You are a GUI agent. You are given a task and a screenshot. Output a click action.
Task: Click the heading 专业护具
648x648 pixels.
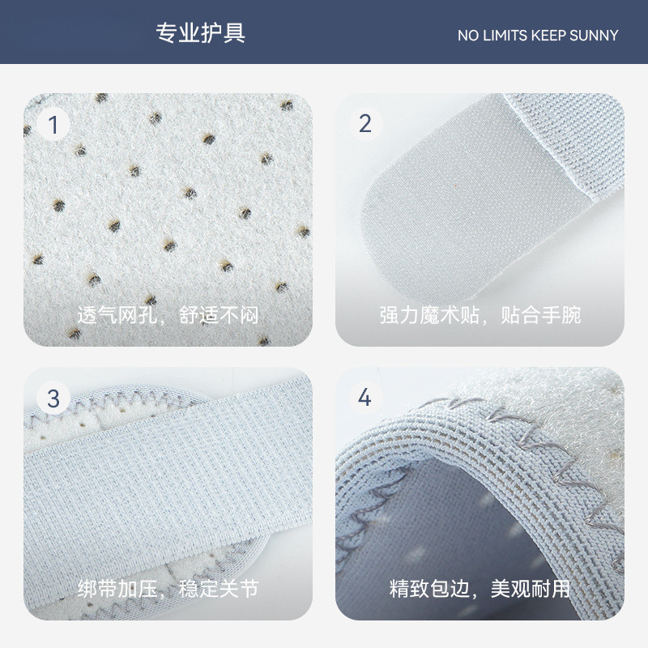coord(200,33)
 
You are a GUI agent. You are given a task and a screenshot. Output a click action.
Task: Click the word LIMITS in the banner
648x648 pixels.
coord(505,36)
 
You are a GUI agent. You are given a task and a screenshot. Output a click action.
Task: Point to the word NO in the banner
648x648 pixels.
coord(468,36)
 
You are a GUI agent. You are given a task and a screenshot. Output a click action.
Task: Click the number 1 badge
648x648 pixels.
coord(53,124)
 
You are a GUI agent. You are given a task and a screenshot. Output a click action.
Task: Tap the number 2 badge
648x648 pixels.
coord(365,124)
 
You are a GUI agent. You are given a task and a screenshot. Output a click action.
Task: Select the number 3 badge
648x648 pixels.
coord(53,399)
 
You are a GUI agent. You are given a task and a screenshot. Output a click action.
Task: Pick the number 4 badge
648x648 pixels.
coord(365,398)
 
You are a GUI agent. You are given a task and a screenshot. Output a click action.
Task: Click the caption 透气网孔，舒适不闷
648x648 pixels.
coord(168,315)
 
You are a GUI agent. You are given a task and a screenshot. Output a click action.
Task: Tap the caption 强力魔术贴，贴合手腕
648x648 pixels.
coord(480,315)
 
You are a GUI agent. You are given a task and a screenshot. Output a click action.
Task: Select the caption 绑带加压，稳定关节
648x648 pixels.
coord(168,589)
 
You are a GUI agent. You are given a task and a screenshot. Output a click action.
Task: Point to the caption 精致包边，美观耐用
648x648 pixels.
coord(480,589)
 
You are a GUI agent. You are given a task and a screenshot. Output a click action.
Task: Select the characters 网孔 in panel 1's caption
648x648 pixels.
coord(137,315)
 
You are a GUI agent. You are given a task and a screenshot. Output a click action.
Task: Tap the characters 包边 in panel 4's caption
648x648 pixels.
coord(450,589)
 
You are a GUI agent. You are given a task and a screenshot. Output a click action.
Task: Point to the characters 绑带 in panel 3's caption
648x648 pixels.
coord(97,589)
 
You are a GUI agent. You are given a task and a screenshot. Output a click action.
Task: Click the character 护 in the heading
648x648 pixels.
coord(211,33)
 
